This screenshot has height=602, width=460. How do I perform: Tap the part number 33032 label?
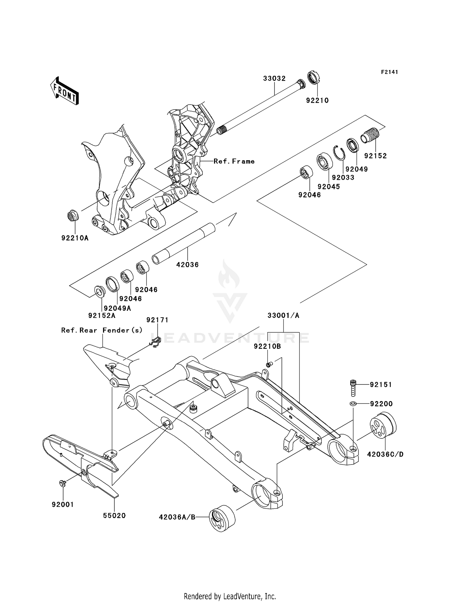click(274, 79)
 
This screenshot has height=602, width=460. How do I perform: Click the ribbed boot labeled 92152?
click(370, 135)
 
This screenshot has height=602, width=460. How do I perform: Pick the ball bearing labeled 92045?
click(325, 161)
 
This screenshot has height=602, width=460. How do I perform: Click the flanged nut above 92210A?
click(72, 216)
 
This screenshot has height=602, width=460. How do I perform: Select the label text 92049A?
click(117, 308)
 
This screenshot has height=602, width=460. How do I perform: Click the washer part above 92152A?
click(99, 291)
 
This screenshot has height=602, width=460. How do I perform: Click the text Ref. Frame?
click(234, 161)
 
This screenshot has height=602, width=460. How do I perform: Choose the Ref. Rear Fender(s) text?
click(102, 330)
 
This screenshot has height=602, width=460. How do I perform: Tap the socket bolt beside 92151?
click(353, 388)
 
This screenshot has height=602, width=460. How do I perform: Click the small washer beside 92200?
click(353, 403)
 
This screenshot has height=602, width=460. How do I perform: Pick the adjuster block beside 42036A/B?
click(222, 518)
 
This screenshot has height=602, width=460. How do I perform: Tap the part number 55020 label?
click(114, 516)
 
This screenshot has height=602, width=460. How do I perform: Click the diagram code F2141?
click(389, 72)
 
